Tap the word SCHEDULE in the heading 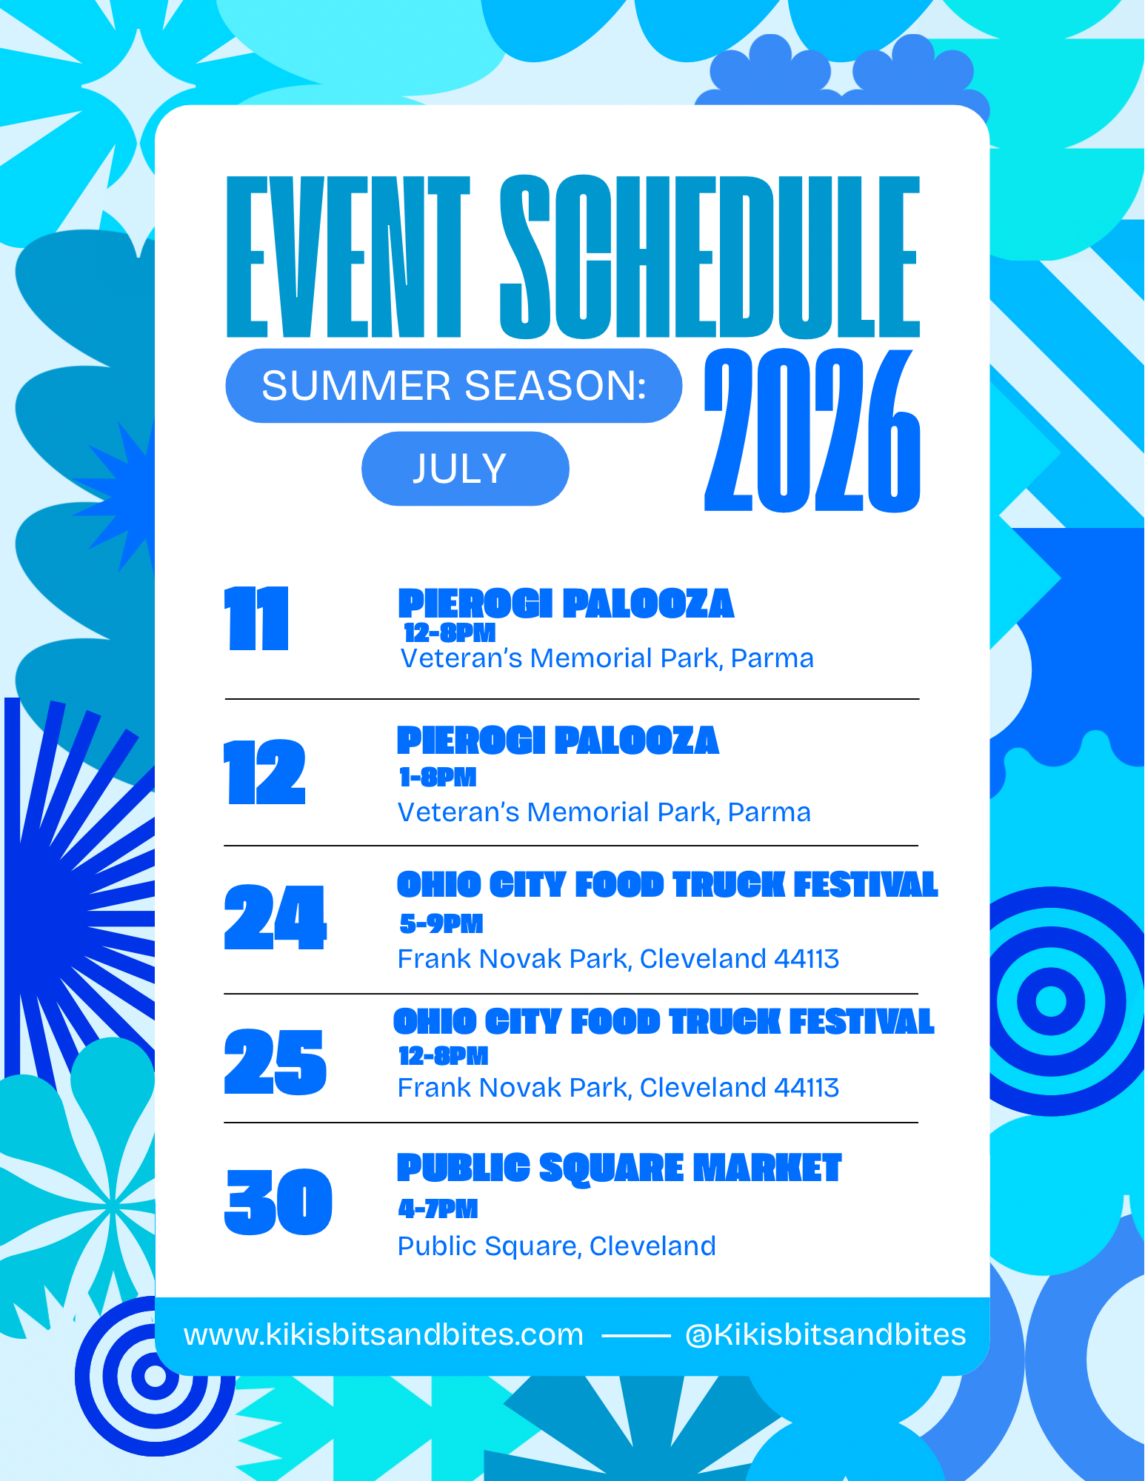click(x=710, y=257)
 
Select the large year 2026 click(x=812, y=430)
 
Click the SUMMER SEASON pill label click(x=454, y=386)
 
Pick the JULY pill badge click(x=465, y=469)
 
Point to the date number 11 click(x=256, y=619)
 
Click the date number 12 click(x=264, y=772)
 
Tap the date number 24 click(x=275, y=917)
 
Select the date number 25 click(x=275, y=1062)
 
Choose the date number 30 click(x=278, y=1202)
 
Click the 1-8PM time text click(x=438, y=777)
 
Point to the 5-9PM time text click(x=441, y=923)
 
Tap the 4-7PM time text click(x=438, y=1209)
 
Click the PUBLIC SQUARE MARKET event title click(x=619, y=1168)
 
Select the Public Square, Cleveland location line click(x=557, y=1246)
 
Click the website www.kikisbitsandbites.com click(x=384, y=1335)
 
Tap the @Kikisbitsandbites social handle click(x=826, y=1335)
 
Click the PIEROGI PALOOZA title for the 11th click(x=566, y=604)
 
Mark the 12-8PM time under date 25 click(x=444, y=1056)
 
